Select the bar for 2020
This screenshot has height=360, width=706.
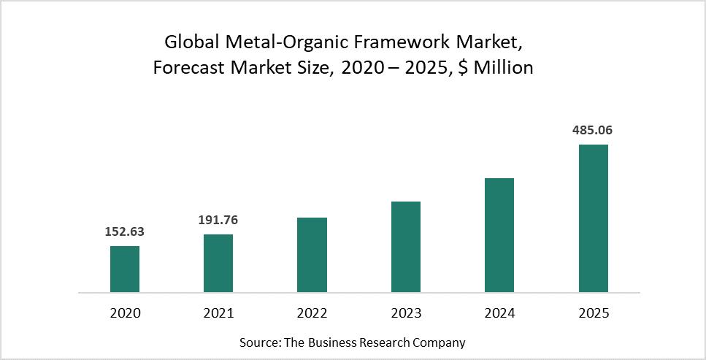[x=125, y=269]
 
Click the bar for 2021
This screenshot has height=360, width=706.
[x=218, y=263]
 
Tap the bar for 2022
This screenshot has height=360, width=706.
[x=312, y=255]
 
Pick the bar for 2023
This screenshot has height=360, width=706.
[x=406, y=247]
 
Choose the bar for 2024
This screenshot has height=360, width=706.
[x=499, y=235]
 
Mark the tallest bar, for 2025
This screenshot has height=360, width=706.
[x=593, y=218]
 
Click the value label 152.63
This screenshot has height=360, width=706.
[x=125, y=232]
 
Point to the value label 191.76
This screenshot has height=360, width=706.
[x=218, y=220]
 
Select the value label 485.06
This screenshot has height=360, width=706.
[x=593, y=130]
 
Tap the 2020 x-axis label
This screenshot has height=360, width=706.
[x=125, y=313]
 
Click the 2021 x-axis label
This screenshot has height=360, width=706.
[x=218, y=313]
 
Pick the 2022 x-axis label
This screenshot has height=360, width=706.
[x=312, y=313]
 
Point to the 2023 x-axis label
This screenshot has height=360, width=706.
[x=406, y=313]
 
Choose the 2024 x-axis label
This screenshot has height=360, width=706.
[x=499, y=313]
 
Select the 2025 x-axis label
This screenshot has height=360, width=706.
[x=593, y=313]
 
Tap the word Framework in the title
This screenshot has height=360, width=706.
[x=412, y=43]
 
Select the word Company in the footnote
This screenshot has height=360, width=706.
[x=440, y=342]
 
